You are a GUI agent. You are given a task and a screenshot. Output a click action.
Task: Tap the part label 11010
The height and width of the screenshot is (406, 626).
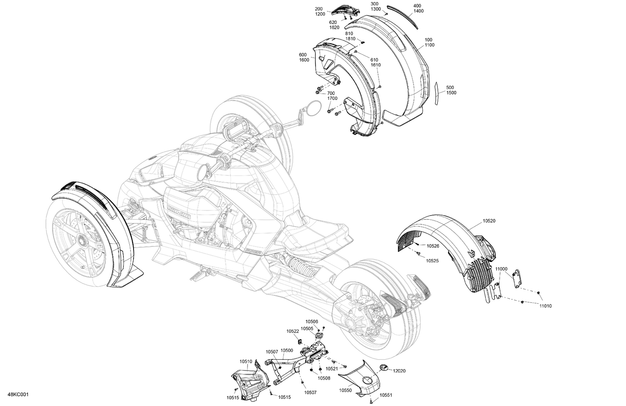tap(545, 306)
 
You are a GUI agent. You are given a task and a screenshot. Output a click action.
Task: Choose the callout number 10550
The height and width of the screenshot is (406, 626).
tap(345, 390)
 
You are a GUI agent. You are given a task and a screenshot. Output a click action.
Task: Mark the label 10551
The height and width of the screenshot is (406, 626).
tap(386, 395)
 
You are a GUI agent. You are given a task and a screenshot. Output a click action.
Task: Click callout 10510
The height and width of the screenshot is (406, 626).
tap(246, 361)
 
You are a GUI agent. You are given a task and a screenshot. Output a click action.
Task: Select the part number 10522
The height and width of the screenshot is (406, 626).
tap(293, 331)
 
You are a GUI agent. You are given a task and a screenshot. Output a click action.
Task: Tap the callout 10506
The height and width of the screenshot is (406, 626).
tap(311, 321)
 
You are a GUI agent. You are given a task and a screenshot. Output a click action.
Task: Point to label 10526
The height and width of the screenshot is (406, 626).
tap(433, 246)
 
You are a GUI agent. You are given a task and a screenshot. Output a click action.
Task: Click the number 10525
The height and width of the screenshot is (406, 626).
tap(432, 260)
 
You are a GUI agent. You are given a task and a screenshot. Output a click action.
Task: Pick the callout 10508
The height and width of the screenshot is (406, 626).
tap(324, 378)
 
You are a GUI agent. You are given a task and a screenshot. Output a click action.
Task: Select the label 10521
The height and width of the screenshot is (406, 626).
tap(332, 368)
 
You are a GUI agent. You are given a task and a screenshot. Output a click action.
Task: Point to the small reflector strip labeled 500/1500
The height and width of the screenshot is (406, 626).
tap(436, 93)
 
